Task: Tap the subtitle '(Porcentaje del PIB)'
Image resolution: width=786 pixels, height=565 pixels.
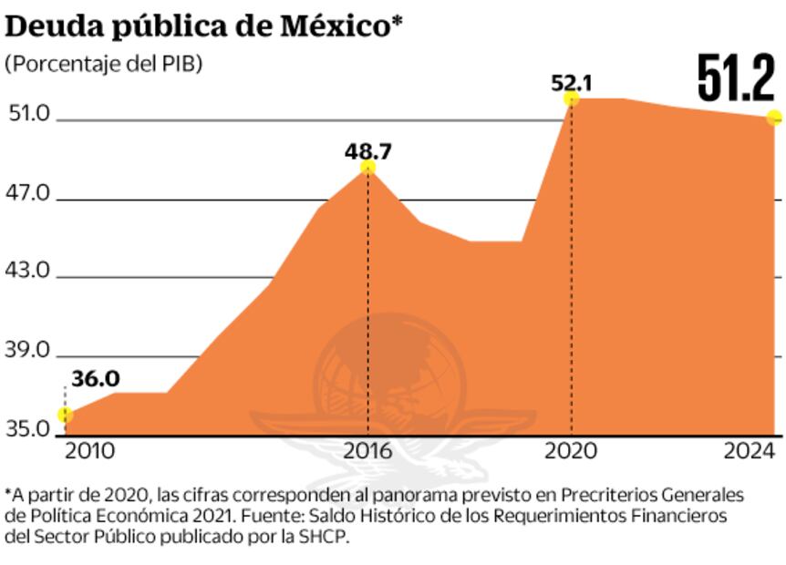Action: (104, 64)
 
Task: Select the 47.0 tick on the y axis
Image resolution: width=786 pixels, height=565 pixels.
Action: (26, 192)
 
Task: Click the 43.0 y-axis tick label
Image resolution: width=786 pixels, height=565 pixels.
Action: (26, 271)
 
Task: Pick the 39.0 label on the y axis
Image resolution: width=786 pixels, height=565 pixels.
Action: (26, 350)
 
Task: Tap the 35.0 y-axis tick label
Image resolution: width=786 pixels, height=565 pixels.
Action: (26, 427)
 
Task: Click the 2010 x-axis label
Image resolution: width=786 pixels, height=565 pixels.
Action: (88, 450)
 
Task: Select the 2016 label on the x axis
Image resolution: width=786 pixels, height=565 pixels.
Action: (368, 450)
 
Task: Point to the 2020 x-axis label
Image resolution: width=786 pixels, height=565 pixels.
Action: (572, 450)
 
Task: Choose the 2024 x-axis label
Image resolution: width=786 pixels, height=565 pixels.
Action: (749, 450)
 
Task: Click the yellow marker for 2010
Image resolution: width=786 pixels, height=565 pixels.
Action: (66, 416)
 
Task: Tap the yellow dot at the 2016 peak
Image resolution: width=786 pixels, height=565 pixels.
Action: (367, 167)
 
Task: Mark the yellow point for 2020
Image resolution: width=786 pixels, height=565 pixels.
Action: (572, 98)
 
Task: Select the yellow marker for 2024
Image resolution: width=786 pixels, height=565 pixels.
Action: (774, 117)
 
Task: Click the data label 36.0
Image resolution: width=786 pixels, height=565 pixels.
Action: (96, 378)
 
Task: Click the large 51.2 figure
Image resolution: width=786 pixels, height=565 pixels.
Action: (735, 79)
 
